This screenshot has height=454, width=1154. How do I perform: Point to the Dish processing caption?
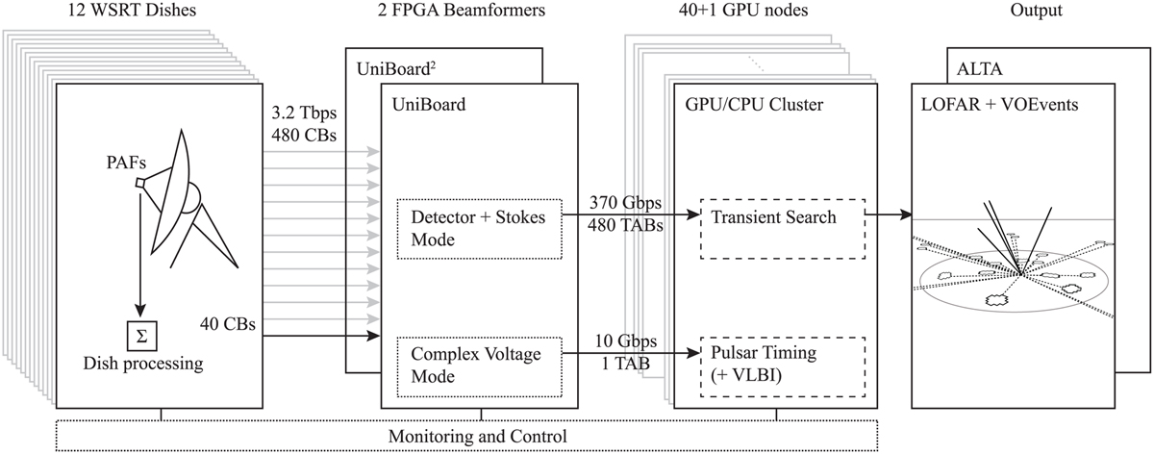point(142,365)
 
